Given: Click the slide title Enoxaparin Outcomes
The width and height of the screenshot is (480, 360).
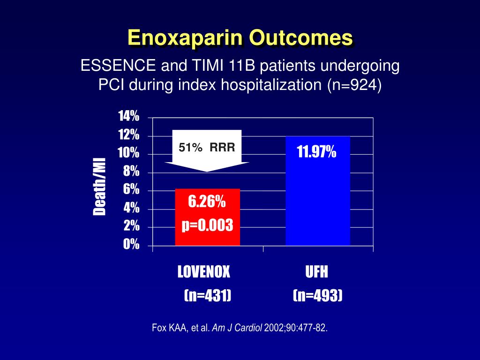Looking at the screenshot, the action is point(240,37).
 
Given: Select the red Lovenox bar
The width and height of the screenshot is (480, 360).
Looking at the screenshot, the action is point(208,217).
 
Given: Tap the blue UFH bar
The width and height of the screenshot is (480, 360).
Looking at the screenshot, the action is point(318,191).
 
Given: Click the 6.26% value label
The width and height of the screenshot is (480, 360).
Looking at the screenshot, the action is point(207,202).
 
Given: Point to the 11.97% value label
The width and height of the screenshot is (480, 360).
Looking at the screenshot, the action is point(316,151).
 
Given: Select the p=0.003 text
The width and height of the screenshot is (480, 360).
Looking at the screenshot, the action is point(207,225).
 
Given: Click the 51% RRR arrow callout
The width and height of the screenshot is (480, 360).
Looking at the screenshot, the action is point(207,150).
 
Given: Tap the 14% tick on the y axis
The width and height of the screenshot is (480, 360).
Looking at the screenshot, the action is point(129,116).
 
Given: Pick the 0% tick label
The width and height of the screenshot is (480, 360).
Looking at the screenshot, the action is point(131,244).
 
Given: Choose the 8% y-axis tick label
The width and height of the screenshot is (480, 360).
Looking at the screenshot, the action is point(131,171).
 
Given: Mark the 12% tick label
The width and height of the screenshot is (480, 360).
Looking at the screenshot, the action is point(129,135).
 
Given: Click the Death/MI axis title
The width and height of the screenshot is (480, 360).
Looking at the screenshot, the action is point(99,187).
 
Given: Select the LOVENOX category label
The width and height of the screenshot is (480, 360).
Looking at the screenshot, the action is point(204,271).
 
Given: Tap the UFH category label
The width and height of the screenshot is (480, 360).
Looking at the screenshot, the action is point(316,271).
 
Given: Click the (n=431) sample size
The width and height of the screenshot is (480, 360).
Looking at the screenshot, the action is point(208,295).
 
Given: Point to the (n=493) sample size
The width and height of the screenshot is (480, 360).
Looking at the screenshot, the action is point(317,295).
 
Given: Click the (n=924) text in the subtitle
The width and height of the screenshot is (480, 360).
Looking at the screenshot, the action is point(354,85).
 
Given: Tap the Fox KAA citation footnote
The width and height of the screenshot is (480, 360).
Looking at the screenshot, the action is point(240,328).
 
